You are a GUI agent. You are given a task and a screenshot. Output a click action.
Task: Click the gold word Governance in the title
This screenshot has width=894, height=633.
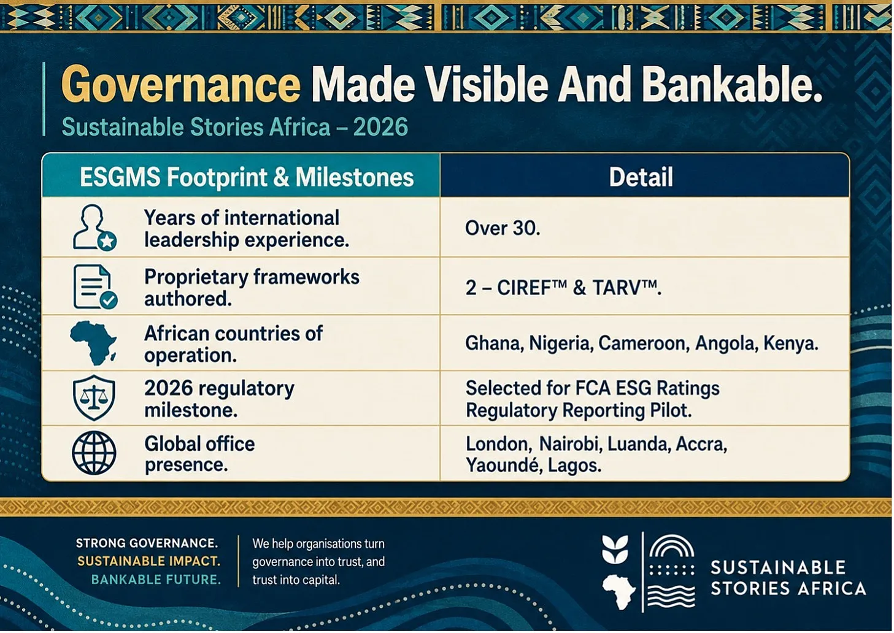180,85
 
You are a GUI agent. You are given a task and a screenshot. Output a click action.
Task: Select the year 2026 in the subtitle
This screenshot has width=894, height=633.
380,127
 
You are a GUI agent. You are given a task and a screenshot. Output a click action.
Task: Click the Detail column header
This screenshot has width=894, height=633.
641,177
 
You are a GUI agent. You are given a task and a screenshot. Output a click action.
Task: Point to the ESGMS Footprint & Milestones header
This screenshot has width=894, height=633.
247,177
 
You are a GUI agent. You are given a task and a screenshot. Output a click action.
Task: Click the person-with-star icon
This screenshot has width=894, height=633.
94,228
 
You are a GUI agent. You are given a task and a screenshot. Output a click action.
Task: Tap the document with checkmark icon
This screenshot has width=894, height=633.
95,286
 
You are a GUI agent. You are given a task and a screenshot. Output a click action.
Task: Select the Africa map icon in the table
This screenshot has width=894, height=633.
93,343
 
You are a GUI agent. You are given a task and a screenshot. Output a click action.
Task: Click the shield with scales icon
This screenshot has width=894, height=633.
94,397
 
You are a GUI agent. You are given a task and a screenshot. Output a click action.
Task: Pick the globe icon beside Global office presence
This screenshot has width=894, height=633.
94,453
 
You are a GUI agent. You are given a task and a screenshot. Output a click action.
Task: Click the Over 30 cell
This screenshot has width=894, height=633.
503,228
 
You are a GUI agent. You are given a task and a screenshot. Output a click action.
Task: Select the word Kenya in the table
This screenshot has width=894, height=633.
791,344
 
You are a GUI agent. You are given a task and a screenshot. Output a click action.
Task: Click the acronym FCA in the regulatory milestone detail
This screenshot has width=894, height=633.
592,388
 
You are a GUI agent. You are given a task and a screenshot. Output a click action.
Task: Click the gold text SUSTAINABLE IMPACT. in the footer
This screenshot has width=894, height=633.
148,561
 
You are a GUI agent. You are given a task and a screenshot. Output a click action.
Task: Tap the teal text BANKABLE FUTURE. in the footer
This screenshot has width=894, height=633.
156,580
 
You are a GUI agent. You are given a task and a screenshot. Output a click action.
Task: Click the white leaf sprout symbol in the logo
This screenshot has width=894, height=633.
615,549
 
